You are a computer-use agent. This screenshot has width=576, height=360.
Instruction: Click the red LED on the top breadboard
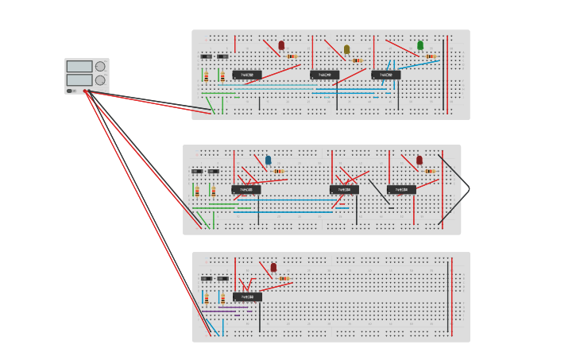tap(281, 46)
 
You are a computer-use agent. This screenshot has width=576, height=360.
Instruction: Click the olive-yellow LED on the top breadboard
tap(346, 49)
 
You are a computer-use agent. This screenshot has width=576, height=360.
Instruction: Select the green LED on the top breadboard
tap(420, 45)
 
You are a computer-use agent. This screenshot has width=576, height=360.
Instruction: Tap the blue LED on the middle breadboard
tap(268, 160)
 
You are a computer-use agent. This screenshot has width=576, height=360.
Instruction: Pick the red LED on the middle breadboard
tap(419, 160)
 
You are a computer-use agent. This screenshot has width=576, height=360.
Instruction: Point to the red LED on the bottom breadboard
tap(273, 268)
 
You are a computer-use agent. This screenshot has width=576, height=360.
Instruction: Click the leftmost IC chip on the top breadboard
tap(247, 75)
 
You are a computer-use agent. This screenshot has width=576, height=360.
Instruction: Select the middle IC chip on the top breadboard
tap(324, 75)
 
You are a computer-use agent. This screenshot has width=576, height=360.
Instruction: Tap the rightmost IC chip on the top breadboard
tap(385, 75)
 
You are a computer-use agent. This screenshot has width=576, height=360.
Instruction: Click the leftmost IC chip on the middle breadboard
tap(246, 190)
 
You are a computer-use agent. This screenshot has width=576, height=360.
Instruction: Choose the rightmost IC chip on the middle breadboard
tap(401, 190)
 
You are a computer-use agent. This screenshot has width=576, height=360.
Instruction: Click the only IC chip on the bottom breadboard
tap(247, 296)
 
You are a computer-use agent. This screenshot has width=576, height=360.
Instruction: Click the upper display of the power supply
tap(79, 67)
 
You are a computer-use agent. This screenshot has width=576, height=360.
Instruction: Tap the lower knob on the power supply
tap(100, 79)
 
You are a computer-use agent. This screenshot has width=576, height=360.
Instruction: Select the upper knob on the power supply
tap(100, 67)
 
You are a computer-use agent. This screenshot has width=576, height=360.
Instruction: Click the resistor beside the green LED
tap(431, 56)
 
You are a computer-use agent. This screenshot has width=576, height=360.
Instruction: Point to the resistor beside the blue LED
tap(278, 171)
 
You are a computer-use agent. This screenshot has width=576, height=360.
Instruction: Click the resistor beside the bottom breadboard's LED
tap(284, 278)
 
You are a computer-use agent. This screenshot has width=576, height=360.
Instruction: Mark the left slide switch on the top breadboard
tap(207, 56)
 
